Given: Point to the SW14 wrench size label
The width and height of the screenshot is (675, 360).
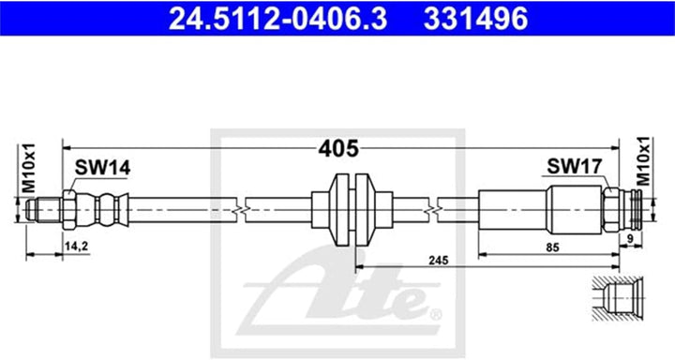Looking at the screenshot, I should point(102,168).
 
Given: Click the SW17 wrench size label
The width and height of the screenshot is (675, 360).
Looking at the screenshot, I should point(567,168).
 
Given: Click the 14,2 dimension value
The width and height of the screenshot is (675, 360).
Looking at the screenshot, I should point(76,247).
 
